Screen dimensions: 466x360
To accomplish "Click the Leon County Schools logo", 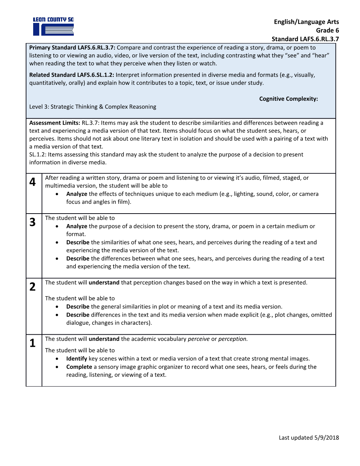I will pyautogui.click(x=53, y=26).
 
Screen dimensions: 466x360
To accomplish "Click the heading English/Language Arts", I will pyautogui.click(x=306, y=22).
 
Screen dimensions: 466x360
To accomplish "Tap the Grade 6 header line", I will pyautogui.click(x=327, y=30).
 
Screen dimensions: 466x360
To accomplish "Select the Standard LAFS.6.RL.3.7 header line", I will pyautogui.click(x=305, y=39).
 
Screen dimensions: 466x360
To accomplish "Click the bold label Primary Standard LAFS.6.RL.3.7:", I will pyautogui.click(x=72, y=48).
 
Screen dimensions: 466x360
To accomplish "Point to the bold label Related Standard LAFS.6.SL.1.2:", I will pyautogui.click(x=72, y=75).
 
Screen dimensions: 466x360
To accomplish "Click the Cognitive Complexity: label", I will pyautogui.click(x=288, y=99).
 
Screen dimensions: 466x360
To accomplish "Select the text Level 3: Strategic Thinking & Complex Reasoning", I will pyautogui.click(x=92, y=107).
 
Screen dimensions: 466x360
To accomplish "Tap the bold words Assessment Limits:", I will pyautogui.click(x=55, y=123).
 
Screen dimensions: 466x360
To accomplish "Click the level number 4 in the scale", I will pyautogui.click(x=32, y=182).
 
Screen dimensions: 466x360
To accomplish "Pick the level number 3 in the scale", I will pyautogui.click(x=32, y=222).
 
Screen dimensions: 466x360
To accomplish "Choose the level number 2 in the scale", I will pyautogui.click(x=32, y=287).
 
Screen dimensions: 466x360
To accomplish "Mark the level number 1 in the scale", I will pyautogui.click(x=32, y=343).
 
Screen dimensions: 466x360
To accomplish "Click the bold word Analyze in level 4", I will pyautogui.click(x=77, y=194).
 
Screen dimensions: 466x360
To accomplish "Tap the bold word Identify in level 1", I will pyautogui.click(x=77, y=359).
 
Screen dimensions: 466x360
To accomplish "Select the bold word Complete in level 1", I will pyautogui.click(x=79, y=367).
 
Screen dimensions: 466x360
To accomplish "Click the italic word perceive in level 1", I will pyautogui.click(x=199, y=339).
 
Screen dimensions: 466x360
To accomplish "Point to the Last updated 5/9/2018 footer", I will pyautogui.click(x=309, y=438).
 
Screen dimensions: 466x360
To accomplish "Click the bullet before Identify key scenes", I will pyautogui.click(x=57, y=359).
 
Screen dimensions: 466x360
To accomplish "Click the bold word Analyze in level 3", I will pyautogui.click(x=77, y=226).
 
